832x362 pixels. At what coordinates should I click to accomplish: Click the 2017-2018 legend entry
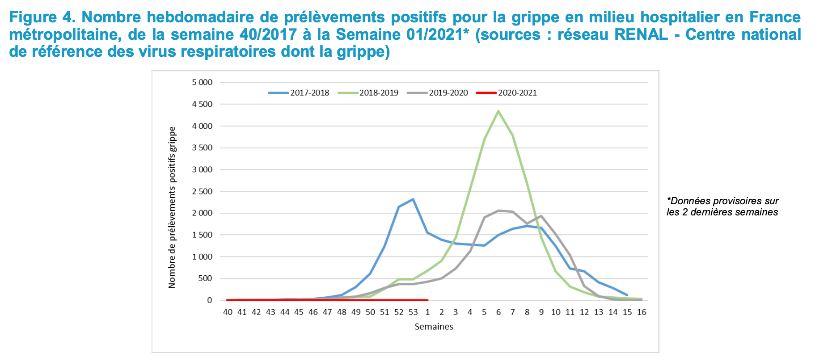tap(299, 93)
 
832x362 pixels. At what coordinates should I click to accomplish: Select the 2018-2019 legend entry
tap(368, 93)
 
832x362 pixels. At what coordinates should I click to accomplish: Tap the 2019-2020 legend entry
tap(438, 93)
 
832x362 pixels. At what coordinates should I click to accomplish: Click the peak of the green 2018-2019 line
tap(498, 111)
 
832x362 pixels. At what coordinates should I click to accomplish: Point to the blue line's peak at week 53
tap(413, 199)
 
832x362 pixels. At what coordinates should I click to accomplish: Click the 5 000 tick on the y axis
tap(202, 83)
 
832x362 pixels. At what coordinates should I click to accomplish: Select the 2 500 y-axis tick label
tap(202, 191)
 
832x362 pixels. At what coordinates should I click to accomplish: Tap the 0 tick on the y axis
tap(209, 300)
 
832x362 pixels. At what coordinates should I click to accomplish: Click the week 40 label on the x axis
tap(228, 312)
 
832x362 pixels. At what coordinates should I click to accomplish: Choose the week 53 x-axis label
tap(413, 312)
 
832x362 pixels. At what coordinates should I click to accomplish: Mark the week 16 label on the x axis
tap(641, 312)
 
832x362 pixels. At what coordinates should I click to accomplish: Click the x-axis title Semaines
tap(434, 327)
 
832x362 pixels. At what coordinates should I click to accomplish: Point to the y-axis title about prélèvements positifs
tap(172, 207)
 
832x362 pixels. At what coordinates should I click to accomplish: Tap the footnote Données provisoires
tap(722, 206)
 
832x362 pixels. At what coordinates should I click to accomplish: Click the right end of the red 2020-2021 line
tap(427, 300)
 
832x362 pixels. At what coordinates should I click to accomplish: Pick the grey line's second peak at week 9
tap(541, 216)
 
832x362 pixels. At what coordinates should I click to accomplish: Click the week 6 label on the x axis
tap(498, 312)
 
